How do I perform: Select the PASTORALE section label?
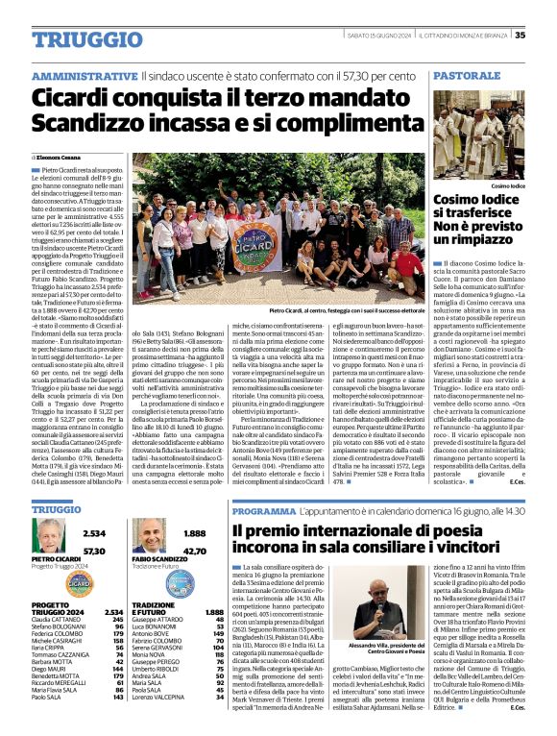click(x=466, y=75)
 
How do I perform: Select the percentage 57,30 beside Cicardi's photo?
click(x=94, y=552)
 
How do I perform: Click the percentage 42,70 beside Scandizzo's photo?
click(x=195, y=552)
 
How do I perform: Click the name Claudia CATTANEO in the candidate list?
click(x=57, y=619)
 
